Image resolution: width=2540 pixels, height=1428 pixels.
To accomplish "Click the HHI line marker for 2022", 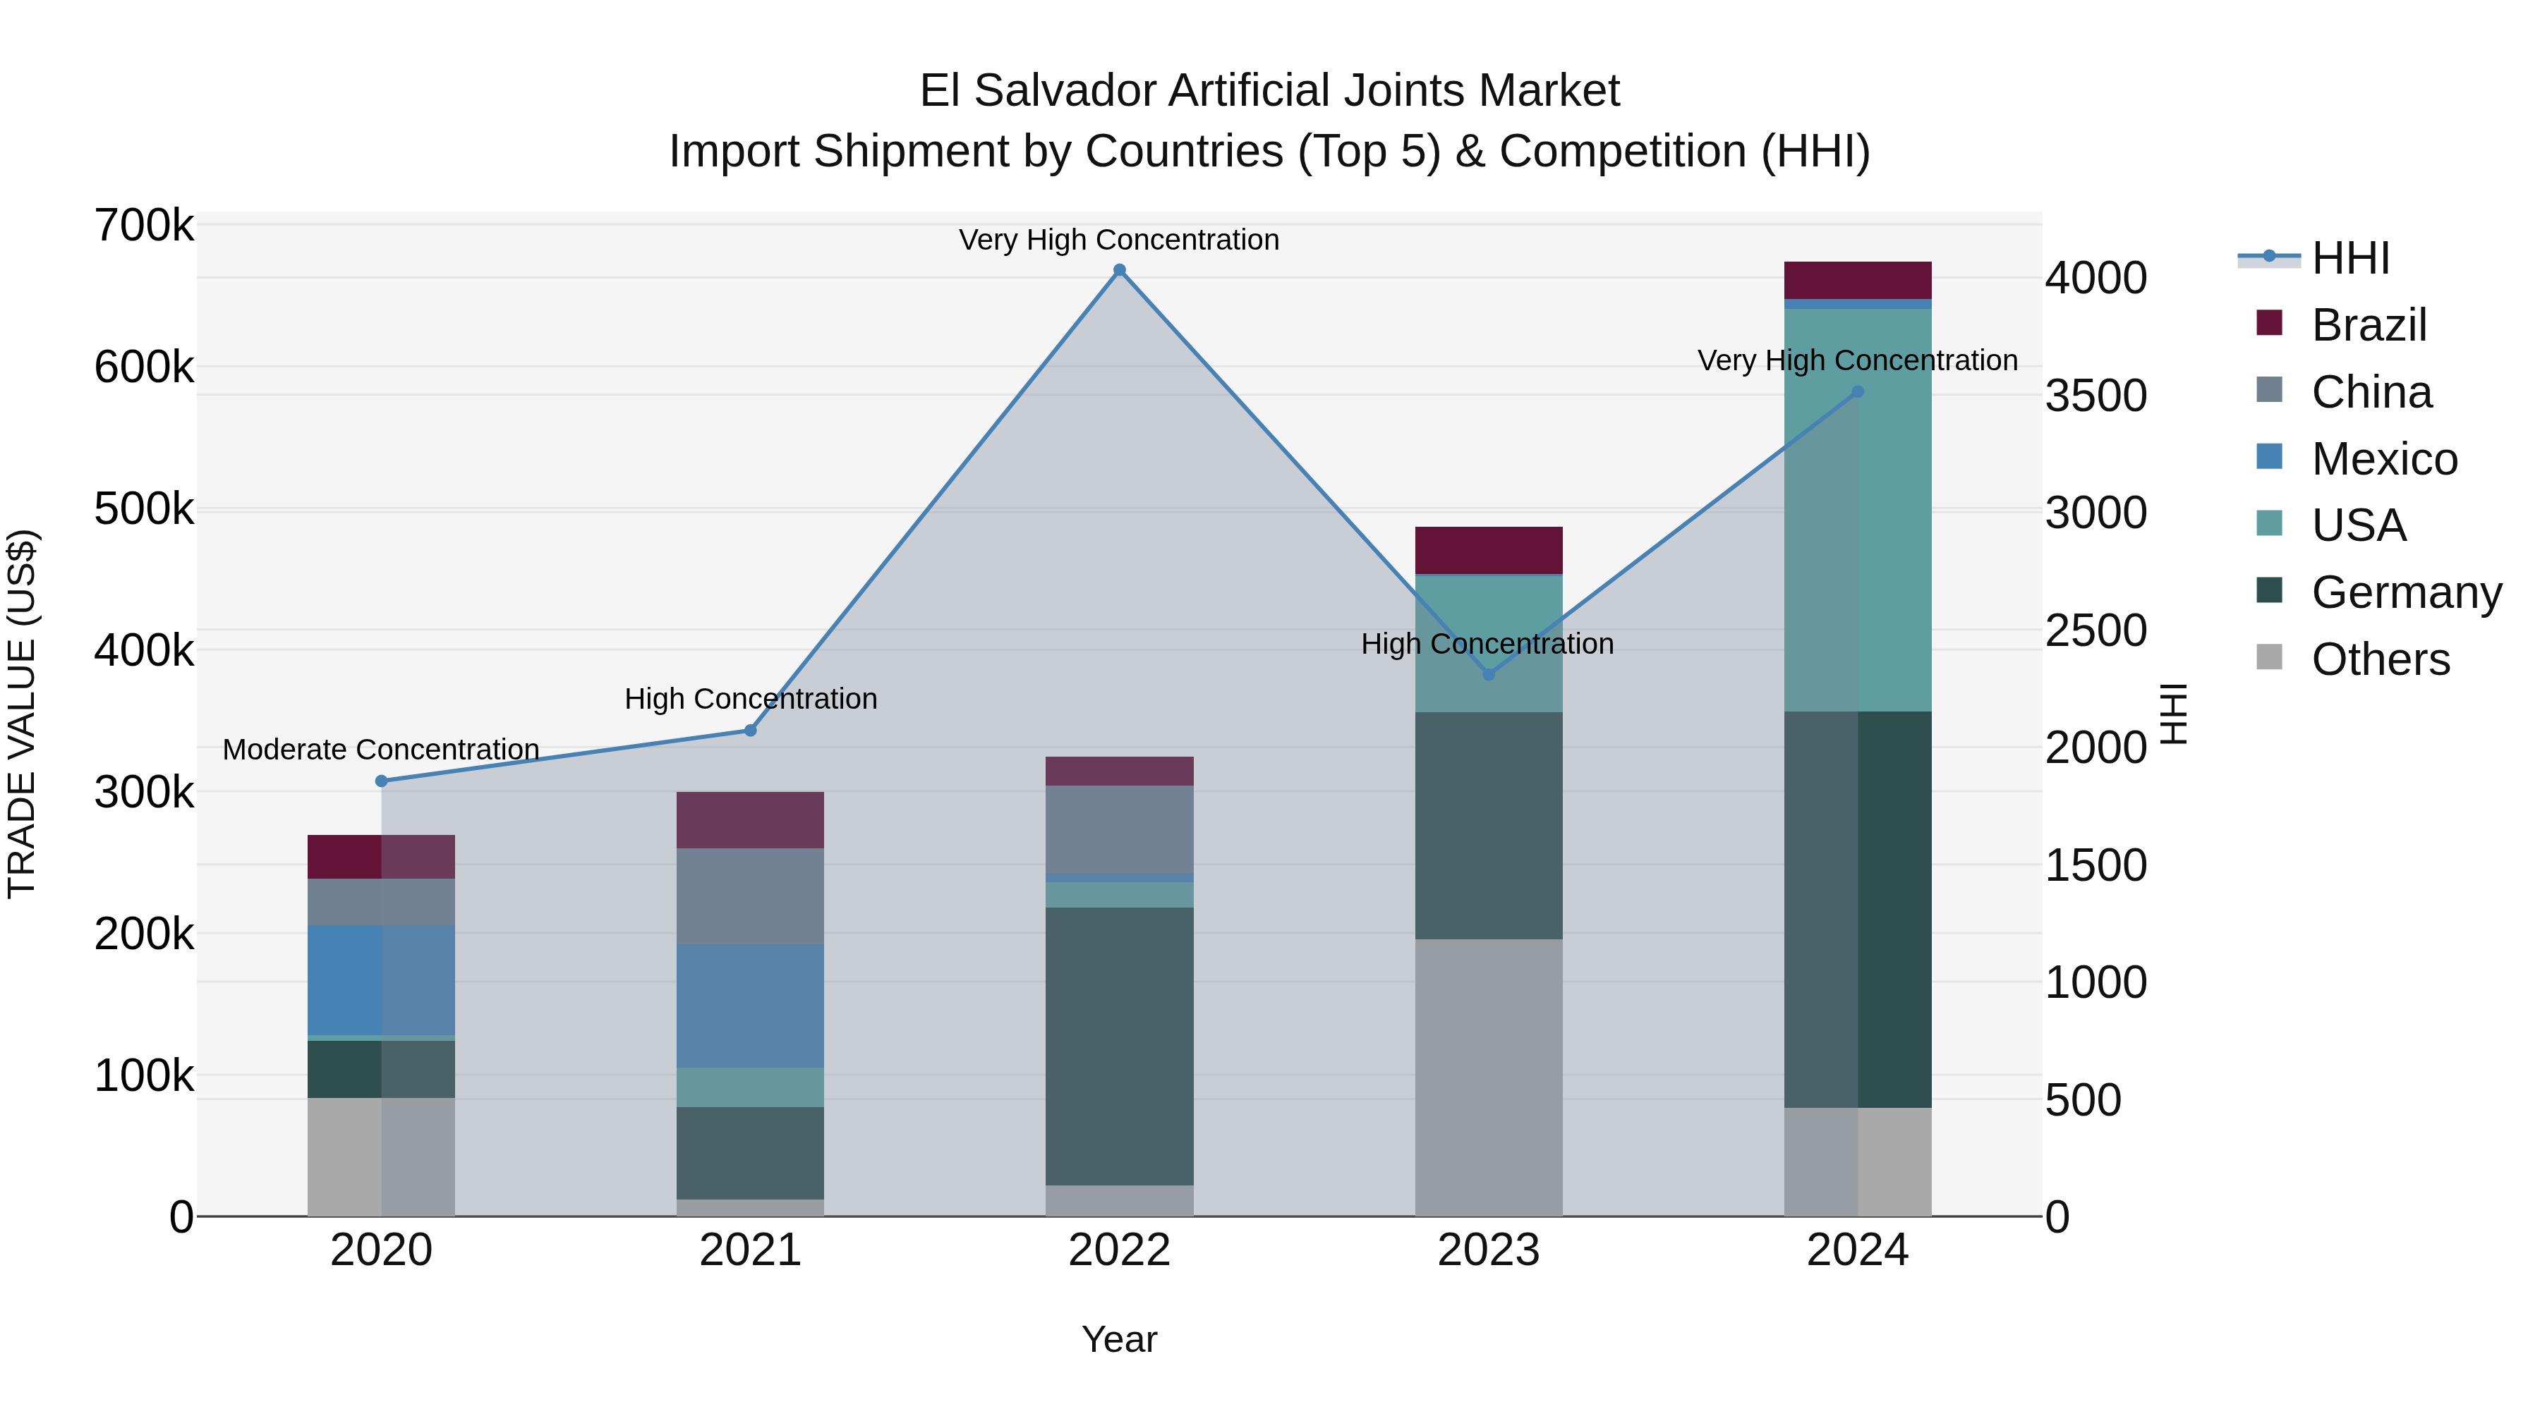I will (x=1119, y=270).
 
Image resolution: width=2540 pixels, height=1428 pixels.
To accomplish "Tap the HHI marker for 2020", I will (x=382, y=781).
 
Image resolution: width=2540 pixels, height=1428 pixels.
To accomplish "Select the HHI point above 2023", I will (x=1489, y=675).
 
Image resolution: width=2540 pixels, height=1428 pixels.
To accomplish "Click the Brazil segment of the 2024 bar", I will (x=1858, y=280).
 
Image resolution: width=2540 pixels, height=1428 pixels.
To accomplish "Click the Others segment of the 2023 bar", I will (x=1489, y=1076).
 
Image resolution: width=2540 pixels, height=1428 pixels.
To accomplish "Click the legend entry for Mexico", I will (x=2383, y=459).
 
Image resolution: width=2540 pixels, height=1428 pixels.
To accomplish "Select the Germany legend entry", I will (x=2406, y=592).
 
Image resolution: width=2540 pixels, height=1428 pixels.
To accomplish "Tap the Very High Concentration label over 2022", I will (x=1119, y=240).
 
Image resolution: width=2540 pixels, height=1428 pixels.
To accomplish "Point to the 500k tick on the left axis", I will (x=144, y=510).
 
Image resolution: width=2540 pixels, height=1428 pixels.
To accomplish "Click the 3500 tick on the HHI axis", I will (x=2095, y=395).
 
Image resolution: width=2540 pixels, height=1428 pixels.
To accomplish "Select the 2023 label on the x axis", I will (x=1489, y=1250).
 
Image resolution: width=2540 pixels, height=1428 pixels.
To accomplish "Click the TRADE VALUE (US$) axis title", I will (x=23, y=714).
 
